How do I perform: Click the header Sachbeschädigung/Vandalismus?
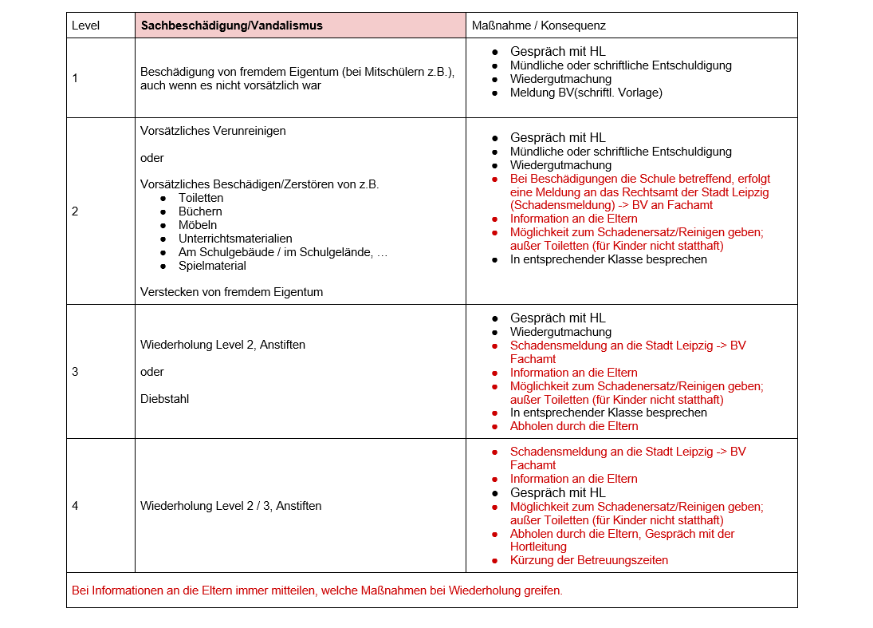click(x=231, y=26)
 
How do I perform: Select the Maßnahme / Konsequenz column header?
click(x=538, y=26)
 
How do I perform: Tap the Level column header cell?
click(x=85, y=26)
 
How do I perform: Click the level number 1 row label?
click(x=75, y=78)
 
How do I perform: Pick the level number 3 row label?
click(x=75, y=372)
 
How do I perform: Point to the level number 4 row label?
click(x=75, y=506)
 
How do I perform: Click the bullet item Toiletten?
click(x=201, y=198)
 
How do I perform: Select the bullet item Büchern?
click(x=200, y=211)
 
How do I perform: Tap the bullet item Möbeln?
click(x=198, y=225)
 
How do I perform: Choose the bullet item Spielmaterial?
click(x=212, y=266)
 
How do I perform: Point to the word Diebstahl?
click(x=164, y=399)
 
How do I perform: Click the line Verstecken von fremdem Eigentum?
click(x=231, y=292)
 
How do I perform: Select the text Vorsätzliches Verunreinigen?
click(x=213, y=131)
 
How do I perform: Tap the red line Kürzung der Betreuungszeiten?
click(x=589, y=560)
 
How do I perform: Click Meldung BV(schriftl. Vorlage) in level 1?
click(x=586, y=93)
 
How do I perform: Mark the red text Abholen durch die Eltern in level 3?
click(x=574, y=426)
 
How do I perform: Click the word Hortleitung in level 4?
click(x=538, y=547)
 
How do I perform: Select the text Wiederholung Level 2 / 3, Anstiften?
click(x=230, y=506)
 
